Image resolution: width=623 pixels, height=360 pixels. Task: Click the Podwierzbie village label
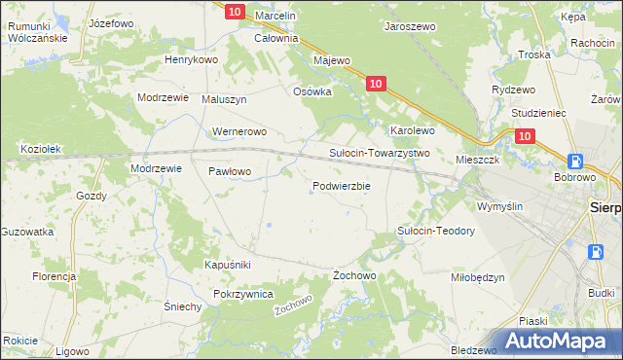[341, 186]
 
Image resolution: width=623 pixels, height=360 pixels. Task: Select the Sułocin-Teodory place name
[435, 231]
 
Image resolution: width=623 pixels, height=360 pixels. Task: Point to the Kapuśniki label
[228, 265]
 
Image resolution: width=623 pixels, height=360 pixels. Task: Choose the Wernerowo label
[239, 131]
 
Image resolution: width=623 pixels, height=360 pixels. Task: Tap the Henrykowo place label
[191, 59]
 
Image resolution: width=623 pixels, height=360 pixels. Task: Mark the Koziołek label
[42, 149]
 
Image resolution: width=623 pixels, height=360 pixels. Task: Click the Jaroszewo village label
[410, 27]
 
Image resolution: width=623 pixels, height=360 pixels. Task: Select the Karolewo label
[412, 129]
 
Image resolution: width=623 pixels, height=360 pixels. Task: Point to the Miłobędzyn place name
[478, 276]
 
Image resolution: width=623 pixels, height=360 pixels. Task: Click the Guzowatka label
[27, 232]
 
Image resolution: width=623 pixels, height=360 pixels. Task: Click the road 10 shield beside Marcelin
[234, 12]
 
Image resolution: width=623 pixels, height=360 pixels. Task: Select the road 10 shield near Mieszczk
[526, 138]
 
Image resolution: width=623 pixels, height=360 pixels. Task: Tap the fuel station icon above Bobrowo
[576, 162]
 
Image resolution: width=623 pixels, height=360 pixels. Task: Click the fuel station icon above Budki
[596, 252]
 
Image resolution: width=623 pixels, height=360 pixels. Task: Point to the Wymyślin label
[499, 206]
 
